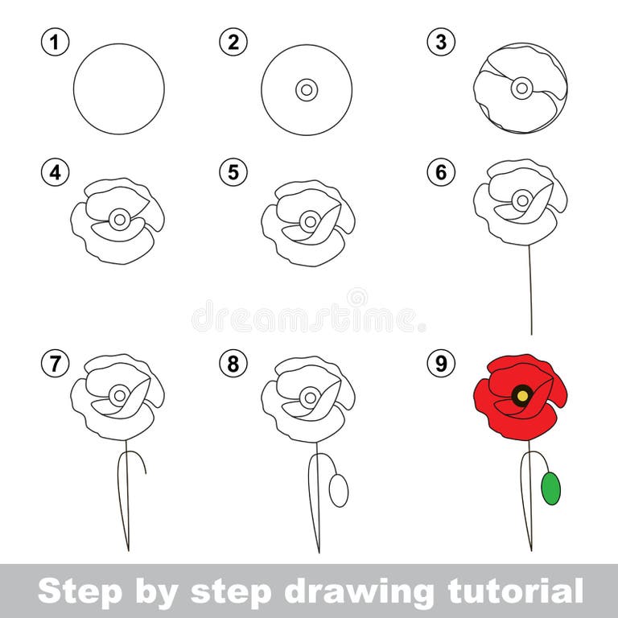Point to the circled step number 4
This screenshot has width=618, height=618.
pos(55,172)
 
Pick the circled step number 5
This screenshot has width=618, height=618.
pos(233,172)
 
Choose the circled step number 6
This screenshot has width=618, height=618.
pos(441,172)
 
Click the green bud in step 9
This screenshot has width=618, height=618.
pos(550,488)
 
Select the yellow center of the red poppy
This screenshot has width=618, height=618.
pos(522,395)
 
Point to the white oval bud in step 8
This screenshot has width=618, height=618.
pos(339,490)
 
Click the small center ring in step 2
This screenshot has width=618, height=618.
pos(307,89)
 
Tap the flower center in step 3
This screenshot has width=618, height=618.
pos(521,88)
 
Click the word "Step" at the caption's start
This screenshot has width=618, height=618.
pos(72,591)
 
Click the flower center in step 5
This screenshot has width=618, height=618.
pos(310,220)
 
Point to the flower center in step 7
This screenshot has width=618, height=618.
pos(120,395)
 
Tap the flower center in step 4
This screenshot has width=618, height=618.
pos(120,218)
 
